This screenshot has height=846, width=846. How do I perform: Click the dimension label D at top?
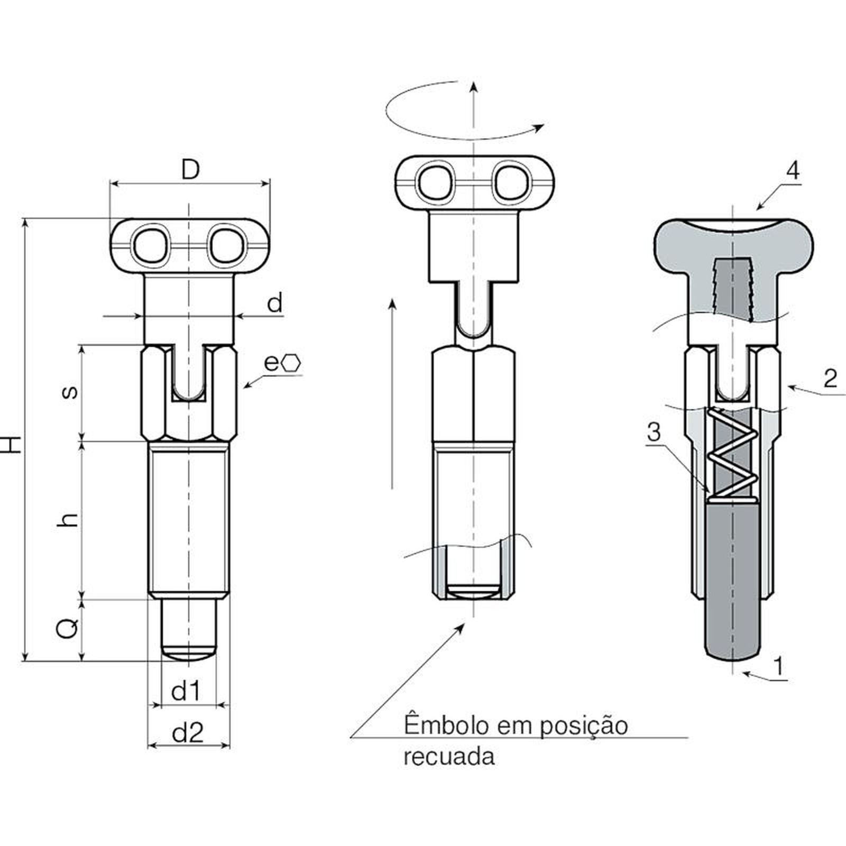pos(190,170)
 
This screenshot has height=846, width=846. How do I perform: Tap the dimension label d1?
pos(187,691)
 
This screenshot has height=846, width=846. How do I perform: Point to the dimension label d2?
pos(188,733)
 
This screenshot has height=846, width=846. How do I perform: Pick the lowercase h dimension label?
pos(69,520)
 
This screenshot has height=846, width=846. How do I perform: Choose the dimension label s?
pos(70,392)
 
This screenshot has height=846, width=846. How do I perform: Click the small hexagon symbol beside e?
pos(291,363)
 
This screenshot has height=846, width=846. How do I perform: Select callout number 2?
pos(831,379)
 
